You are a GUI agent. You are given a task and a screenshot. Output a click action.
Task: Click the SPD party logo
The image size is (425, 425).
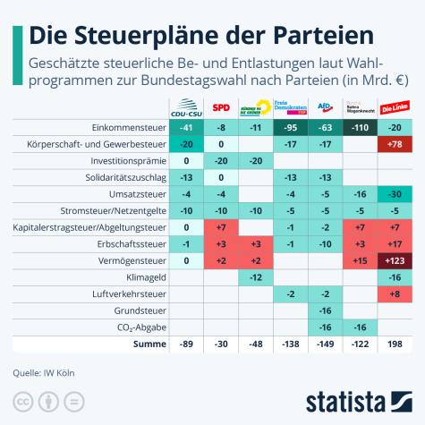(x=221, y=108)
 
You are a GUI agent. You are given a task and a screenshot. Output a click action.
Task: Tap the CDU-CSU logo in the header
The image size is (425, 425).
(x=186, y=108)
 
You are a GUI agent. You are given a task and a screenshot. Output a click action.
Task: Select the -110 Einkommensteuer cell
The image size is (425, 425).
(x=359, y=128)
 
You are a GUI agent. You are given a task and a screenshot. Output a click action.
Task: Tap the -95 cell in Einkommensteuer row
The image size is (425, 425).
(x=290, y=128)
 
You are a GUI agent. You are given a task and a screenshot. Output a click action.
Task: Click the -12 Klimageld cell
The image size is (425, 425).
(x=255, y=277)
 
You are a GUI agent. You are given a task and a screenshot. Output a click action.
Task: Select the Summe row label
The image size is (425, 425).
(x=149, y=344)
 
